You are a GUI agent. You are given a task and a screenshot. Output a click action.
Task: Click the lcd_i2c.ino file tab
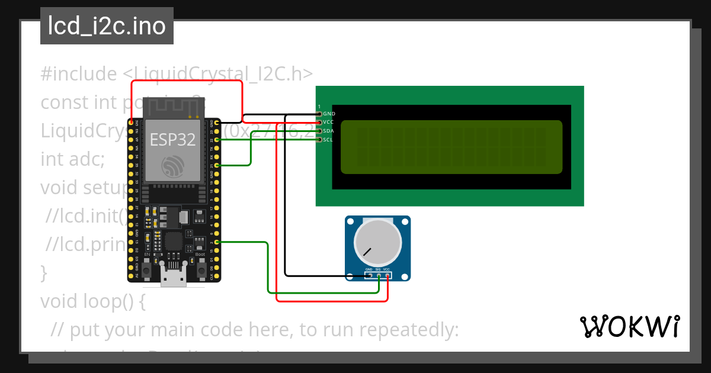[107, 26]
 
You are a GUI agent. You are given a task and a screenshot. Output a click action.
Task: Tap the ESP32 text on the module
[172, 139]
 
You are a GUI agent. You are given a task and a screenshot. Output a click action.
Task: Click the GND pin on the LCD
[320, 113]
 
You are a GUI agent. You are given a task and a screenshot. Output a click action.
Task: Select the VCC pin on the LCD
[320, 122]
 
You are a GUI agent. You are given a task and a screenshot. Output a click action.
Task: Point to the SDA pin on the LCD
[320, 131]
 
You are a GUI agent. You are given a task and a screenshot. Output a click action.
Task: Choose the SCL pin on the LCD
[320, 140]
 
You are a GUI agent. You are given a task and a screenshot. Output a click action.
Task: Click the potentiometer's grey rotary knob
[377, 245]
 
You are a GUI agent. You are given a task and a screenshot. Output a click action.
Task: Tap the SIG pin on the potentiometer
[378, 275]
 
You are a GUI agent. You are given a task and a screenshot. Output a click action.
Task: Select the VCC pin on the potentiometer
[387, 275]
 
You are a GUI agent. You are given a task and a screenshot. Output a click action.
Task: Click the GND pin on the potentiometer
[369, 275]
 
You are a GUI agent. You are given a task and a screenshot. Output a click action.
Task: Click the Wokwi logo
[629, 327]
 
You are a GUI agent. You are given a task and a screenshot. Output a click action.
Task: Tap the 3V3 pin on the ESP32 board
[131, 123]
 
